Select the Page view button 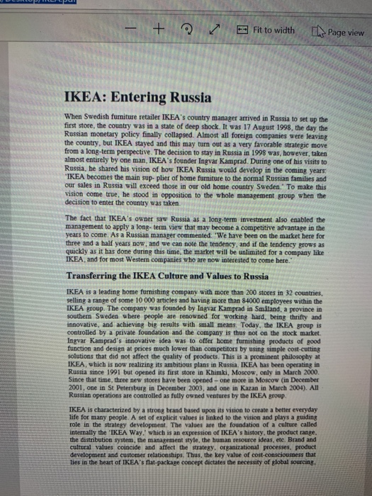341,32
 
